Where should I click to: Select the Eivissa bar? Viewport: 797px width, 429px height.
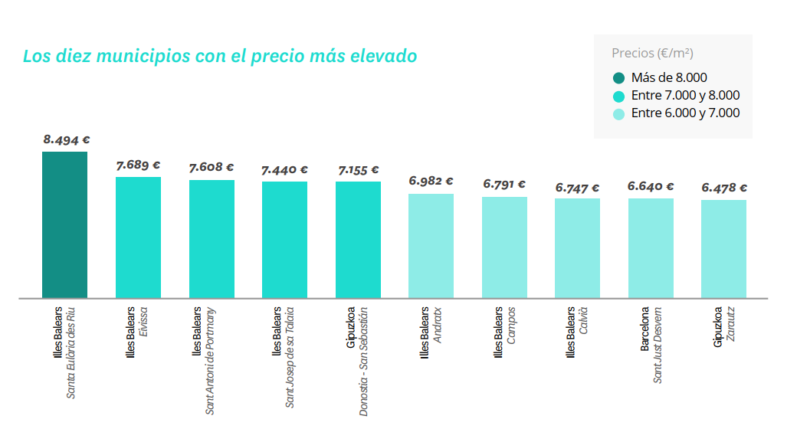138,237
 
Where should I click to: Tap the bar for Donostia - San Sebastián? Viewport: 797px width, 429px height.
358,240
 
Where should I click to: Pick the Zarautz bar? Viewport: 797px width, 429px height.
723,249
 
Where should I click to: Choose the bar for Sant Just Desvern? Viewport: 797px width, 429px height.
651,248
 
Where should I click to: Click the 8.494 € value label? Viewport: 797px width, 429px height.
67,140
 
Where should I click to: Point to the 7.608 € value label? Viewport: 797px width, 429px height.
212,167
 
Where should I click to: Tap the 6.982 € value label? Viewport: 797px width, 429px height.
431,182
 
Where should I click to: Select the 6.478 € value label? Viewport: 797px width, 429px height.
724,187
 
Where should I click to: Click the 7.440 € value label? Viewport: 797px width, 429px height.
284,170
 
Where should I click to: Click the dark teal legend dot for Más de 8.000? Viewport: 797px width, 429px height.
619,77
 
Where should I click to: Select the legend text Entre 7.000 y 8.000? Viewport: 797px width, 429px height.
685,96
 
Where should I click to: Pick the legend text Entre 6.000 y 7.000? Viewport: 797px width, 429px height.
685,113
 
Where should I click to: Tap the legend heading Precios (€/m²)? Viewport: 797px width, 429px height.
652,54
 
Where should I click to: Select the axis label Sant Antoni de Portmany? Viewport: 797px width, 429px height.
211,361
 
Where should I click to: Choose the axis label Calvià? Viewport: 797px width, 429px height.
583,323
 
